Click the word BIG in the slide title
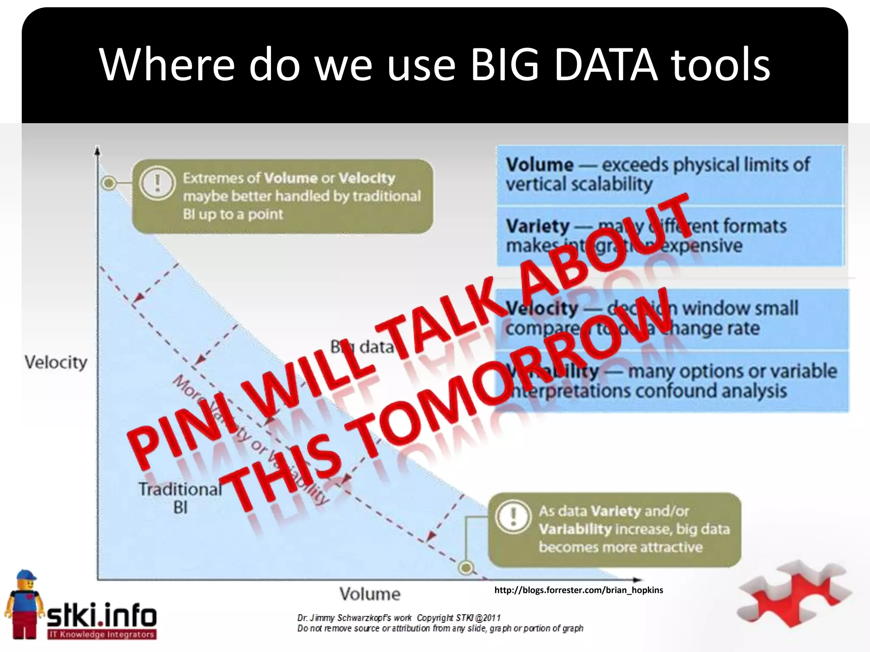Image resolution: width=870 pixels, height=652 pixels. (505, 65)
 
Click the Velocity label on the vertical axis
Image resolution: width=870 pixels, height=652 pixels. (56, 363)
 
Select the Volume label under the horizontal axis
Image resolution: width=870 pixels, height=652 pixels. (370, 594)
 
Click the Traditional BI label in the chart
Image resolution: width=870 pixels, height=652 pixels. (180, 497)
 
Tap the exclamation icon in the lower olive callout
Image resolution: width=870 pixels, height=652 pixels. (514, 516)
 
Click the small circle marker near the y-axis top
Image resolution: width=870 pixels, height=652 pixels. (109, 183)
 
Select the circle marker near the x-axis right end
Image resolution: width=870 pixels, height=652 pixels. (466, 567)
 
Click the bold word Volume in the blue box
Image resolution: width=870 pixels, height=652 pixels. (539, 165)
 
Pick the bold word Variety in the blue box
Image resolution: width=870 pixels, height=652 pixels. (537, 226)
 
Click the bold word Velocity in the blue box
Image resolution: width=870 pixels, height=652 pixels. (542, 308)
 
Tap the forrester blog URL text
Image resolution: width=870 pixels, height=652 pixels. (578, 590)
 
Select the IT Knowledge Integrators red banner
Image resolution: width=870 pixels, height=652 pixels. (102, 635)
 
